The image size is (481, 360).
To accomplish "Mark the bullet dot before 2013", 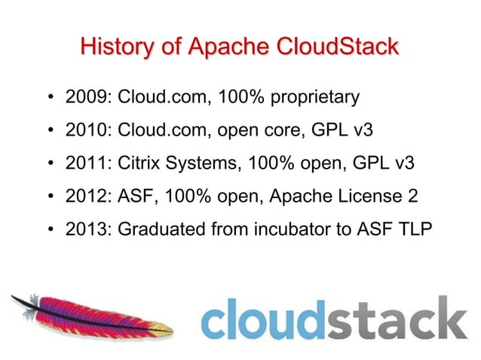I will [50, 230].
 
